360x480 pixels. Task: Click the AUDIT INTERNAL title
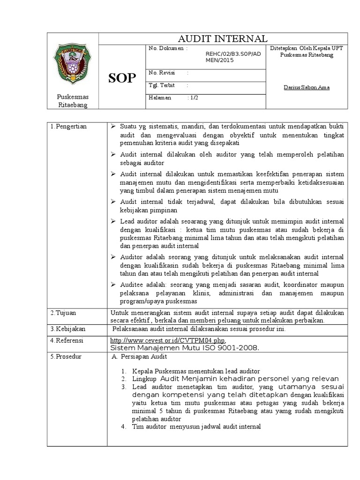point(223,38)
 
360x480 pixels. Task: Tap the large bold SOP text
point(122,78)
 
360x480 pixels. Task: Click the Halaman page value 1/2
point(194,97)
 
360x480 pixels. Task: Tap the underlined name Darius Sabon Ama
point(307,88)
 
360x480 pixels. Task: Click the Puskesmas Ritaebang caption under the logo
point(73,100)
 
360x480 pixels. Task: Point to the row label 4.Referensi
point(67,340)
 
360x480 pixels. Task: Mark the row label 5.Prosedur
point(66,357)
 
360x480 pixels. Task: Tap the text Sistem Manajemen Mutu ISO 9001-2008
point(185,348)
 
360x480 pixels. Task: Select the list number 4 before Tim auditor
point(123,427)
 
